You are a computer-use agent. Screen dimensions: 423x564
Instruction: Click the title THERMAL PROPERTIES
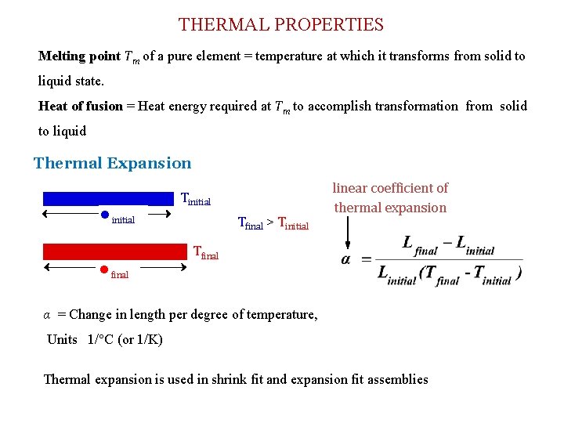pos(281,24)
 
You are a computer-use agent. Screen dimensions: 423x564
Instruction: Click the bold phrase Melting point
pos(79,56)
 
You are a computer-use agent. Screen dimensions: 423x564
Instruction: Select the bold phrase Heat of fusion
pos(81,106)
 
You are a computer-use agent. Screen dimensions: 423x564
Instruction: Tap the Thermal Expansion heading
pos(112,163)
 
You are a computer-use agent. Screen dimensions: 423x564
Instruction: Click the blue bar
pos(108,198)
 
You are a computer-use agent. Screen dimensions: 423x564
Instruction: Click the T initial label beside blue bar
pos(196,200)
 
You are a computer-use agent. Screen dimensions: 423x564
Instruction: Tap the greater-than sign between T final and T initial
pos(270,223)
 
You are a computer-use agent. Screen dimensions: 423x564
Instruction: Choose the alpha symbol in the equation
pos(345,259)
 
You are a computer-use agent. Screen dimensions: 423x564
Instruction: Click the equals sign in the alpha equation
pos(366,259)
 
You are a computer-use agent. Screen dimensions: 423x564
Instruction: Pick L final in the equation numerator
pos(420,244)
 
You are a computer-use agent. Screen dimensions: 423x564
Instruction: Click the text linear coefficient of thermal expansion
pos(390,197)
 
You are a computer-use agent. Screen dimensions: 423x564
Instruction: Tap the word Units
pos(62,339)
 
